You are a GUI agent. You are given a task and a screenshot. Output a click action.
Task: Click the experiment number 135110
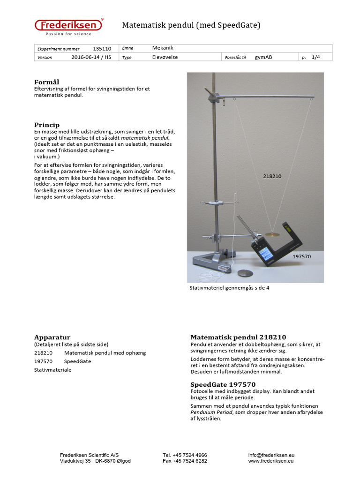(x=102, y=49)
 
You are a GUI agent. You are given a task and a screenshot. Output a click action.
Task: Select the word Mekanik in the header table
(x=163, y=48)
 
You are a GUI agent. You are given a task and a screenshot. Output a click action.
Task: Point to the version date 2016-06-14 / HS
(x=91, y=57)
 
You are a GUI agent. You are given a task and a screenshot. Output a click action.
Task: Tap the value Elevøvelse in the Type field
(x=165, y=57)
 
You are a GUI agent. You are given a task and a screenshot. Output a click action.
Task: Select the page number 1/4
(x=315, y=57)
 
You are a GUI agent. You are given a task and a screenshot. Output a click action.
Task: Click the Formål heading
(x=46, y=82)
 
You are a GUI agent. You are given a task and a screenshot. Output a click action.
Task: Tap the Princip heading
(x=46, y=125)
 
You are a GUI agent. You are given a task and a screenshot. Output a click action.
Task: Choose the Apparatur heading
(x=52, y=337)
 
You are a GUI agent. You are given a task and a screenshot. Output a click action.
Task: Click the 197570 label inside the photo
(x=301, y=257)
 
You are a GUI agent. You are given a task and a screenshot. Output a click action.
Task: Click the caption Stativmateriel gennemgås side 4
(x=229, y=288)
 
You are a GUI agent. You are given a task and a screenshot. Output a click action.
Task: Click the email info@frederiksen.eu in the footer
(x=271, y=455)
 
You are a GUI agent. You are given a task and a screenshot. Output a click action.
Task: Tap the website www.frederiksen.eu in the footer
(x=271, y=461)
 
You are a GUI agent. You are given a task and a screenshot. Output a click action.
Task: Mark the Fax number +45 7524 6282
(x=185, y=461)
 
